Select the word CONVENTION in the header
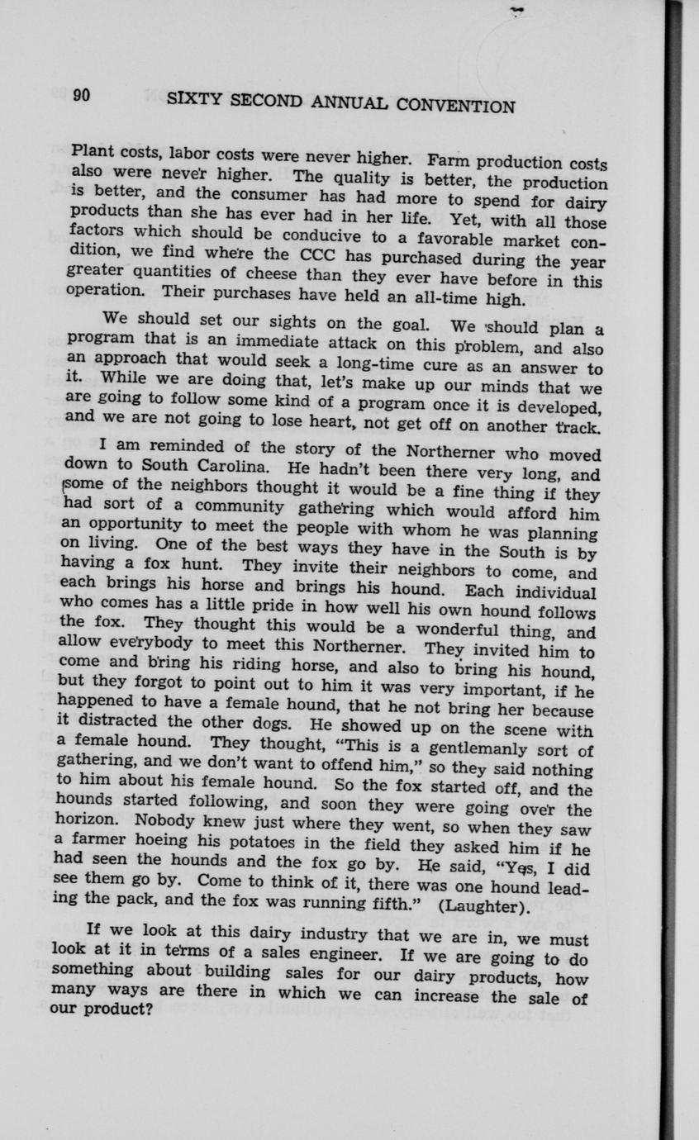tap(457, 105)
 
